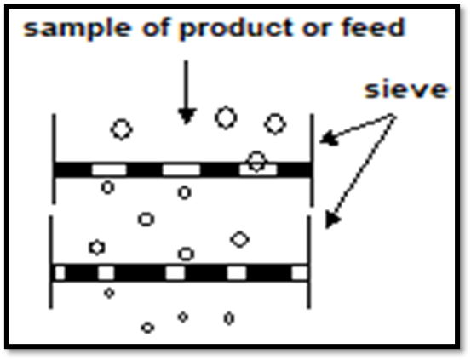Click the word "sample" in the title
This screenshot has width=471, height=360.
(78, 27)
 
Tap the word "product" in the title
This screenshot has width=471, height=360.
(235, 27)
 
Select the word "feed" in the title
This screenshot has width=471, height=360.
(373, 26)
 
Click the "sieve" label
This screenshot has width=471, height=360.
(406, 89)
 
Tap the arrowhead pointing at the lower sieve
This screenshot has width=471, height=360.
(332, 220)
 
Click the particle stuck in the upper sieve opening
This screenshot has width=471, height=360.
(256, 161)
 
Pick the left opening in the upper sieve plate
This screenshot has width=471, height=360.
(109, 169)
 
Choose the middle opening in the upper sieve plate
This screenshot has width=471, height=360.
(181, 169)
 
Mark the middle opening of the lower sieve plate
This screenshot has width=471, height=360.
(175, 273)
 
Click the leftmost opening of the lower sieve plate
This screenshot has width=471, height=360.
(60, 273)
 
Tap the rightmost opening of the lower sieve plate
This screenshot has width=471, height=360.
(300, 273)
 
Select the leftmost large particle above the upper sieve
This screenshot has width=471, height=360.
(121, 129)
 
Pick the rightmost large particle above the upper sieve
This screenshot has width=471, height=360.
(275, 123)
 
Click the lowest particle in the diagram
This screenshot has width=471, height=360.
(147, 328)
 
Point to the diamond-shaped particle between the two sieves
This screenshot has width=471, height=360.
(239, 240)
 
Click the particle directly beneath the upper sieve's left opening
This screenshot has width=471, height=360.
(108, 187)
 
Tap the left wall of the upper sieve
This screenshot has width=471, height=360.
(54, 159)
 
